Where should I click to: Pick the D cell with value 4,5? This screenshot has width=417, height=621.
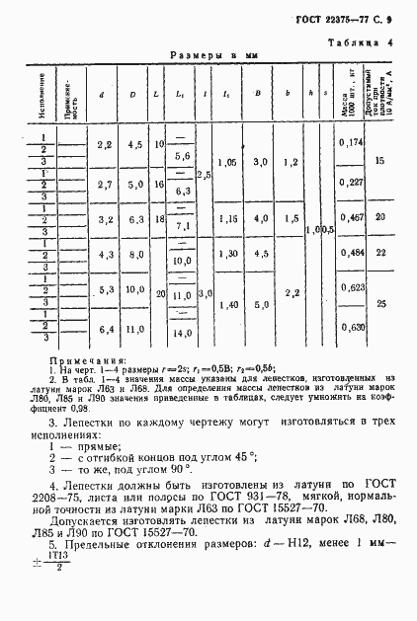(x=133, y=144)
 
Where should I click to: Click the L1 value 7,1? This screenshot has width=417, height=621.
(x=182, y=226)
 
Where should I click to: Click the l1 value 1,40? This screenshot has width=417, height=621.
(x=226, y=307)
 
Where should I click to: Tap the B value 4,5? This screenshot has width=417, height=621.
(x=259, y=253)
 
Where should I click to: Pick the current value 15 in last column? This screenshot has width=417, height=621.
(x=381, y=157)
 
